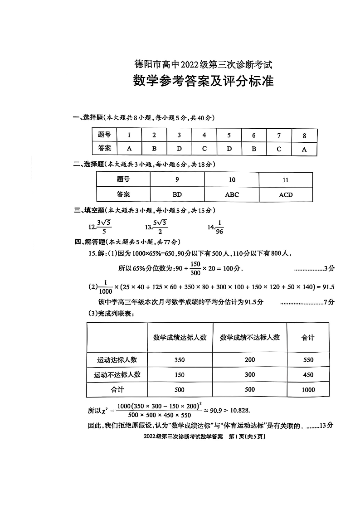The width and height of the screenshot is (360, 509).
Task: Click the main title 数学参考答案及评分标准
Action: click(x=203, y=81)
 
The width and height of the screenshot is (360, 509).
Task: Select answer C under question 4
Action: click(x=204, y=148)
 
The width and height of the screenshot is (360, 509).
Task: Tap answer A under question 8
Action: click(x=304, y=149)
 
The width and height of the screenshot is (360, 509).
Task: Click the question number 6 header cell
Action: click(x=254, y=135)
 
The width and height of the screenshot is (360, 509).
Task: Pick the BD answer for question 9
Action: click(x=177, y=194)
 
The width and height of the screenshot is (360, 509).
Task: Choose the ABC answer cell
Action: click(x=232, y=194)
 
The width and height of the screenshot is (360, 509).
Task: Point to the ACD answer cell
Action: click(x=286, y=195)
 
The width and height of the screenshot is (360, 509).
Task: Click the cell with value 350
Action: click(x=180, y=360)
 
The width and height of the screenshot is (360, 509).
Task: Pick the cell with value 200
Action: click(x=249, y=359)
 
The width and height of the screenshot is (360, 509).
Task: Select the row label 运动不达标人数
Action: click(x=117, y=375)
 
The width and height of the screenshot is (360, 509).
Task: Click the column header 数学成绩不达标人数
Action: click(x=250, y=338)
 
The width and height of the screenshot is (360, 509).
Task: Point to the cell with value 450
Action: click(x=308, y=375)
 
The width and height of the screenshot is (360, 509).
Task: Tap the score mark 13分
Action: click(x=326, y=425)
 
